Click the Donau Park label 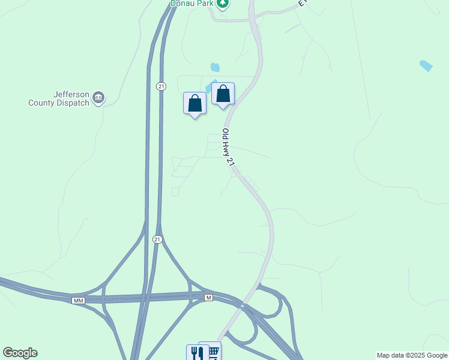point(192,3)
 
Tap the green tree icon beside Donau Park point(223,3)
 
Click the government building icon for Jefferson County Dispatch point(99,98)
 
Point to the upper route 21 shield point(161,86)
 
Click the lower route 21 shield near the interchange point(157,239)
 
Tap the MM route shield point(78,300)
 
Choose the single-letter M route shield point(208,298)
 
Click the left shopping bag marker point(194,103)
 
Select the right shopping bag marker point(223,94)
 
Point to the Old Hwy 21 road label point(227,148)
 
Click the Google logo point(20,353)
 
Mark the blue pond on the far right point(426,65)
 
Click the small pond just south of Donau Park point(215,67)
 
